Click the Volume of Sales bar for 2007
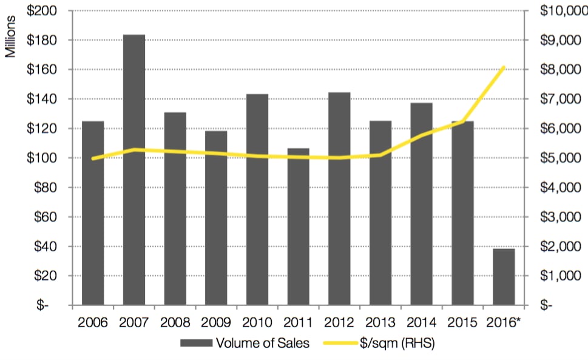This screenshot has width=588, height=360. tap(134, 169)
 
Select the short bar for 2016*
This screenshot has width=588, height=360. tap(504, 276)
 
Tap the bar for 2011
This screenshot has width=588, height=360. tap(298, 226)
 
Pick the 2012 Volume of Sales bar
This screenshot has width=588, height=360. tap(339, 198)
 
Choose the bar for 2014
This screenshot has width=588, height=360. tap(421, 203)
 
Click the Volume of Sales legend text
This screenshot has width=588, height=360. tap(262, 343)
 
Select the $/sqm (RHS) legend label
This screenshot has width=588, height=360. tap(397, 343)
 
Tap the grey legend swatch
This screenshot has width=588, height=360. tap(196, 343)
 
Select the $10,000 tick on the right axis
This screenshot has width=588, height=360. tap(563, 11)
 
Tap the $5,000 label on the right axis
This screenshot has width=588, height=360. tap(559, 158)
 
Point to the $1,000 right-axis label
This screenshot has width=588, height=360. tap(559, 276)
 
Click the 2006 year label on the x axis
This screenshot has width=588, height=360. tap(93, 322)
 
